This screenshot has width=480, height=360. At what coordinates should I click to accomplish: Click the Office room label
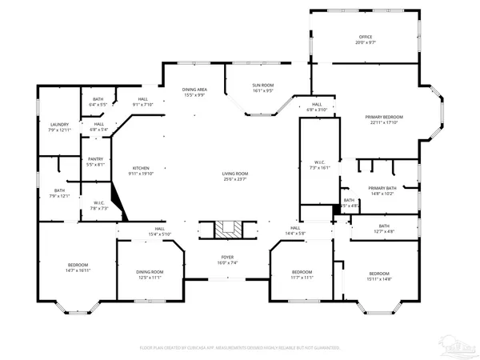point(366,38)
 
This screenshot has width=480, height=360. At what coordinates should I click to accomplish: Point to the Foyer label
point(229,258)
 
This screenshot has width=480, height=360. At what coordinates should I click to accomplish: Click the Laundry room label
point(59,125)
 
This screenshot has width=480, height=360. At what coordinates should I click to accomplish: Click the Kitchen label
point(140,168)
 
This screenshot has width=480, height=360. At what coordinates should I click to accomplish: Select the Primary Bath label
point(382,189)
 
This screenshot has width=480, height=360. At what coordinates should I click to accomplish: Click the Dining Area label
point(194,90)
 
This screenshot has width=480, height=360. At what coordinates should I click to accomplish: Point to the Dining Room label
point(150,272)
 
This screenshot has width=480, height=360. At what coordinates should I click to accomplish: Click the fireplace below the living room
point(226,230)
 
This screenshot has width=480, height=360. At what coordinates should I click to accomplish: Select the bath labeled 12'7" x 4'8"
point(384,229)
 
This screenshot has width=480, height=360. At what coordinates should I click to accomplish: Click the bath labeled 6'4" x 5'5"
point(98,101)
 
